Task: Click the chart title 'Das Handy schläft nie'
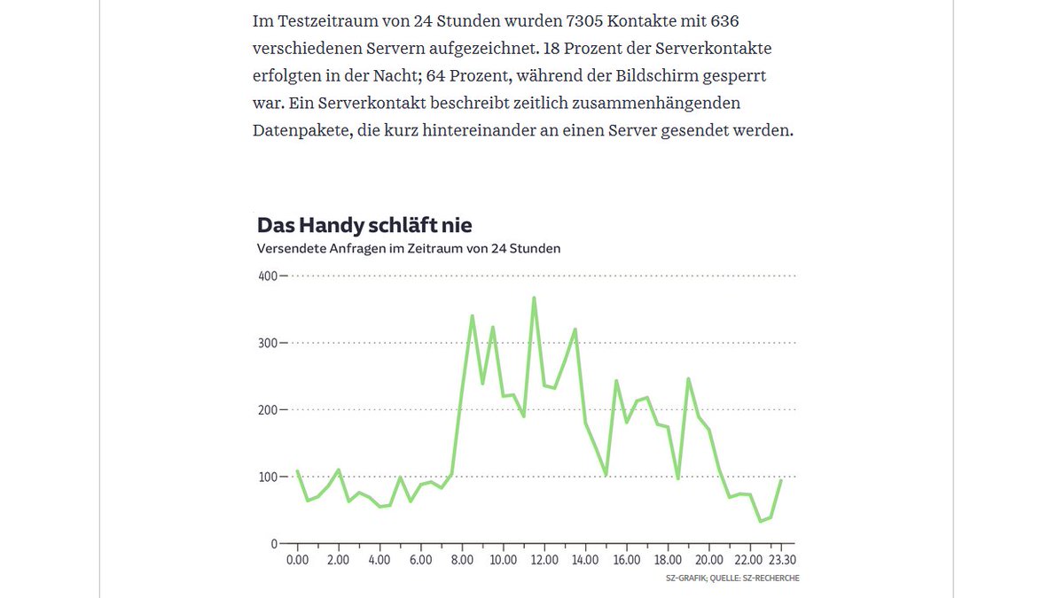click(x=364, y=225)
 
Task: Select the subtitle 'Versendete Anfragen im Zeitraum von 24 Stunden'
click(x=408, y=249)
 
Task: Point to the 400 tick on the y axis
click(x=267, y=276)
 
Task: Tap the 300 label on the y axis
click(x=267, y=343)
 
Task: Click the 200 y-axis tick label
click(x=267, y=410)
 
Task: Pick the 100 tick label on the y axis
click(x=267, y=477)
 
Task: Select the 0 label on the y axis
click(x=273, y=544)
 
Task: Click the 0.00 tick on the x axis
click(x=297, y=560)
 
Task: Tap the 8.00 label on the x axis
click(x=462, y=560)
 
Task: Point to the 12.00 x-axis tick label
click(x=544, y=560)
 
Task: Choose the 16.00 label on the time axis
click(x=627, y=560)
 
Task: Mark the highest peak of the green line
click(x=534, y=298)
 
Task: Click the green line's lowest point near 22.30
click(x=760, y=521)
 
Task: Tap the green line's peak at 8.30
click(x=473, y=315)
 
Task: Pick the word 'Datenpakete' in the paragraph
click(x=295, y=131)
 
